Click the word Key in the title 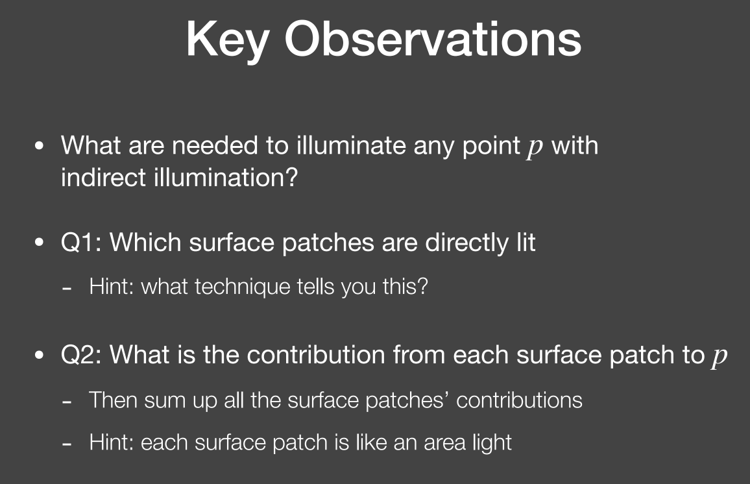pyautogui.click(x=227, y=41)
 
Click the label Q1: pyautogui.click(x=81, y=243)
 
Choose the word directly pyautogui.click(x=466, y=243)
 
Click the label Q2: pyautogui.click(x=81, y=356)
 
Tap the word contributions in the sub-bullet pyautogui.click(x=520, y=400)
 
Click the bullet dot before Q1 pyautogui.click(x=39, y=243)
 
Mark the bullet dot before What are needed pyautogui.click(x=39, y=145)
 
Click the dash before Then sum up pyautogui.click(x=67, y=402)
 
